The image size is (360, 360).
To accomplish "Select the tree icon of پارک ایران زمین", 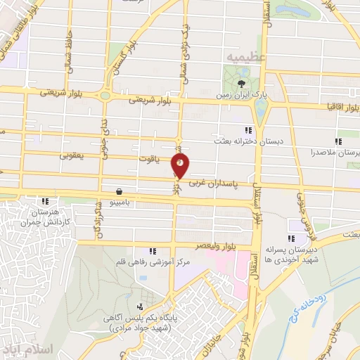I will click(232, 86).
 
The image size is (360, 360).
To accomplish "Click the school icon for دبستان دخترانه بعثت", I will click(247, 130).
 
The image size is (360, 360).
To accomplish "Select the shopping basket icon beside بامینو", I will click(120, 190).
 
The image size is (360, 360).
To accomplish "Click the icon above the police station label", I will click(140, 307).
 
